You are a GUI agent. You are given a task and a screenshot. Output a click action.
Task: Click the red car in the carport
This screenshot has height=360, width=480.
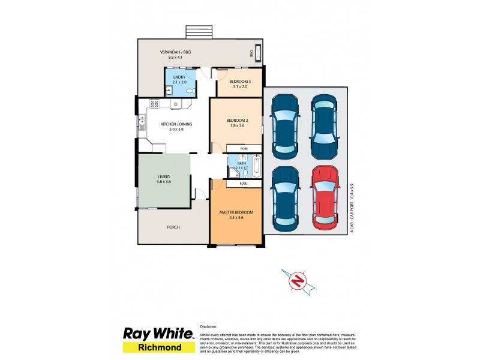324,197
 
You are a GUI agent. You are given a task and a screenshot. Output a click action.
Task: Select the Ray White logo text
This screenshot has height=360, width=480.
158,334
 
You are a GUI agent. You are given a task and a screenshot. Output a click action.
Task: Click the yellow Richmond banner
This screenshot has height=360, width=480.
158,347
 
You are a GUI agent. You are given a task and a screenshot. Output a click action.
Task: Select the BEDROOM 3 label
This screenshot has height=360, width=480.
240,84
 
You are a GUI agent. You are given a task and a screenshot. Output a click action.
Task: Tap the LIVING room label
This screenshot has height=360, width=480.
164,179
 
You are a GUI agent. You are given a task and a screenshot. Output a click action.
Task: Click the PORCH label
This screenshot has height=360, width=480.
173,227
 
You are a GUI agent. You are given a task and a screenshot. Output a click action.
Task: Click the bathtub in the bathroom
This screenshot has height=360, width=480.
256,166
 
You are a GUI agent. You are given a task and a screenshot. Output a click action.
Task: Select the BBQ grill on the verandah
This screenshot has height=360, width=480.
257,53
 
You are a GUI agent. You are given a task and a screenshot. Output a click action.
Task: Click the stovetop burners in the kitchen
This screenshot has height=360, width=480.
154,104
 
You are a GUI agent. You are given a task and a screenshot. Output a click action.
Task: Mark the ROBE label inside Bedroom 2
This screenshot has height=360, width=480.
244,148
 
